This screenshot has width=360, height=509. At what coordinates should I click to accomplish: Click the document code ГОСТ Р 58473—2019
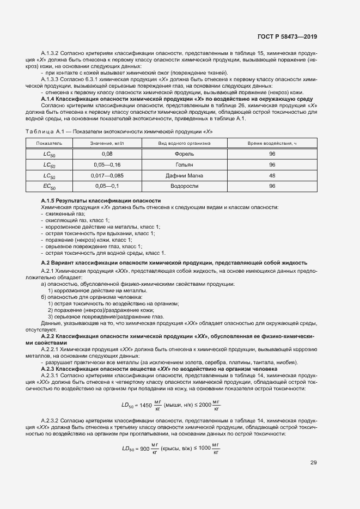click(287, 37)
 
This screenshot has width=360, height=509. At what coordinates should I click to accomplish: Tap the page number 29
click(313, 463)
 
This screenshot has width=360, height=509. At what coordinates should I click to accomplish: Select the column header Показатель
click(50, 143)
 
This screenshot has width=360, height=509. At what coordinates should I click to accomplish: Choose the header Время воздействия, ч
click(272, 143)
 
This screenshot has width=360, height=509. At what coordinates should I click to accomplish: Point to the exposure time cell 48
click(272, 175)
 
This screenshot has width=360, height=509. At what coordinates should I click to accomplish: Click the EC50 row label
click(50, 187)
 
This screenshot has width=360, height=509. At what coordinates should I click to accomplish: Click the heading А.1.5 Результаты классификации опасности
click(101, 201)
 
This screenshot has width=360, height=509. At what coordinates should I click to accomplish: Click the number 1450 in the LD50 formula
click(145, 404)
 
